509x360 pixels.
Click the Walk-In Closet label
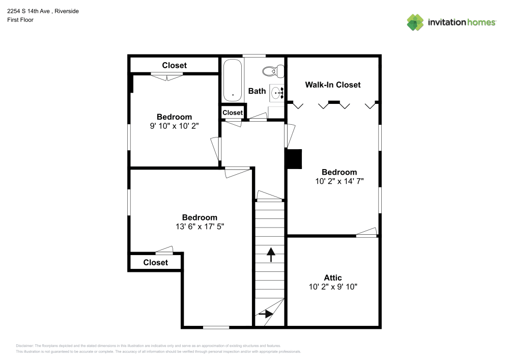coord(332,85)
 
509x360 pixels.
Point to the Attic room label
coord(333,278)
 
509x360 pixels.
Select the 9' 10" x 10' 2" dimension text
coord(174,126)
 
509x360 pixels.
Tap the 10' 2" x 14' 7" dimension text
coord(339,181)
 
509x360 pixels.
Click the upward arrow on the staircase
coord(270,254)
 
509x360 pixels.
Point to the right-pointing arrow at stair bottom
coord(265,314)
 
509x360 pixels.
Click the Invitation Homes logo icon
coord(415,22)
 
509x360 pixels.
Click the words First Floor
coord(20,20)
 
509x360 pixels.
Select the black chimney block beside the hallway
coord(294,158)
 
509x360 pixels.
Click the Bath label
coord(257,91)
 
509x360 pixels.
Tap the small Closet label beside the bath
coord(233,113)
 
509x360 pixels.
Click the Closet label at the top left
coord(174,65)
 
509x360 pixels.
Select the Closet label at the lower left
coord(155,262)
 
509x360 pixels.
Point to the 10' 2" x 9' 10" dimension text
coord(333,287)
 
